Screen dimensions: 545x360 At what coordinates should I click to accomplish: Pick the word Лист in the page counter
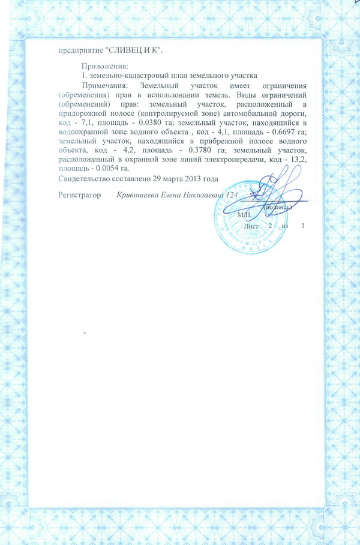coord(251,225)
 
